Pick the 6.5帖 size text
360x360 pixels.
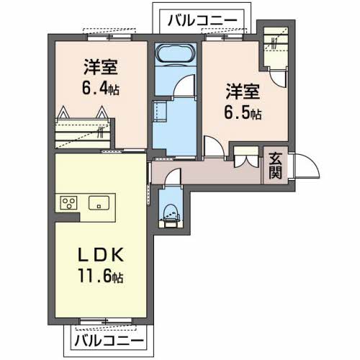[x=243, y=113]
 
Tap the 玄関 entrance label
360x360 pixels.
[x=276, y=165]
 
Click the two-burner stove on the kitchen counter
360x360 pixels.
[x=70, y=202]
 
